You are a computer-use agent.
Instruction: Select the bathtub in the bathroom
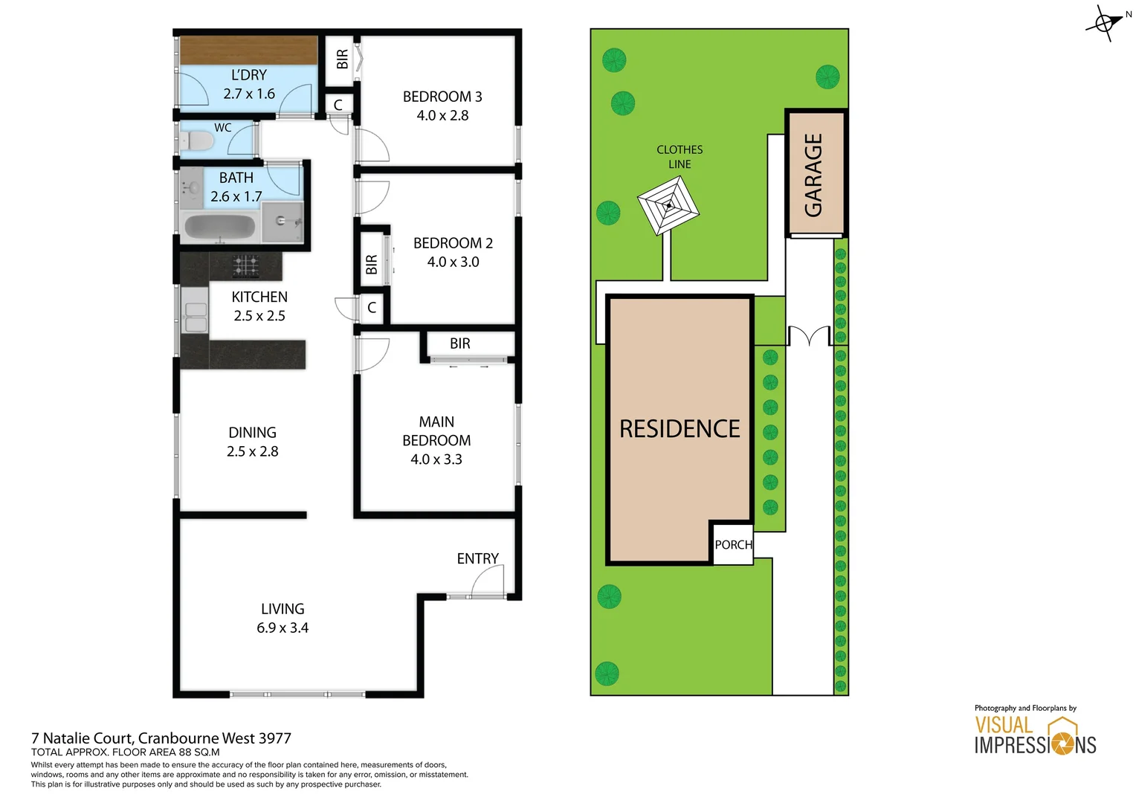pyautogui.click(x=219, y=228)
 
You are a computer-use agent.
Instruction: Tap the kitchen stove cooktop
pyautogui.click(x=246, y=265)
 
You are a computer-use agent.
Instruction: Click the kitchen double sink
pyautogui.click(x=196, y=317)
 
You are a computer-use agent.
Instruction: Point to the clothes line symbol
pyautogui.click(x=668, y=207)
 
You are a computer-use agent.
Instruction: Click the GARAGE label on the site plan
pyautogui.click(x=814, y=175)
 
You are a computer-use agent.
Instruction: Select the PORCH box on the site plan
pyautogui.click(x=733, y=545)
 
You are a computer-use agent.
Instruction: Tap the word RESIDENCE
pyautogui.click(x=680, y=429)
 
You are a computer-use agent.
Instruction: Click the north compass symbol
pyautogui.click(x=1106, y=23)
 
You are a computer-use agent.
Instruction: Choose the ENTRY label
pyautogui.click(x=477, y=558)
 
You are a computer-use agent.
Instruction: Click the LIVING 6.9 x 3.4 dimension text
pyautogui.click(x=283, y=628)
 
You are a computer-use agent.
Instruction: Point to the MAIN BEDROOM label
pyautogui.click(x=436, y=431)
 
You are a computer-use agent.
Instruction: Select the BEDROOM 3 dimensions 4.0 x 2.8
pyautogui.click(x=442, y=115)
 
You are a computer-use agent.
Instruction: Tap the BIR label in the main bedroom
pyautogui.click(x=459, y=344)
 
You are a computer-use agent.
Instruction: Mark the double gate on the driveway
pyautogui.click(x=809, y=336)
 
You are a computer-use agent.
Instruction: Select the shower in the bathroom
pyautogui.click(x=283, y=222)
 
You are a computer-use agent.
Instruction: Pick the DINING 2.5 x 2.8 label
pyautogui.click(x=252, y=442)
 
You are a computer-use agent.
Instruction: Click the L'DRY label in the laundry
pyautogui.click(x=248, y=75)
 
